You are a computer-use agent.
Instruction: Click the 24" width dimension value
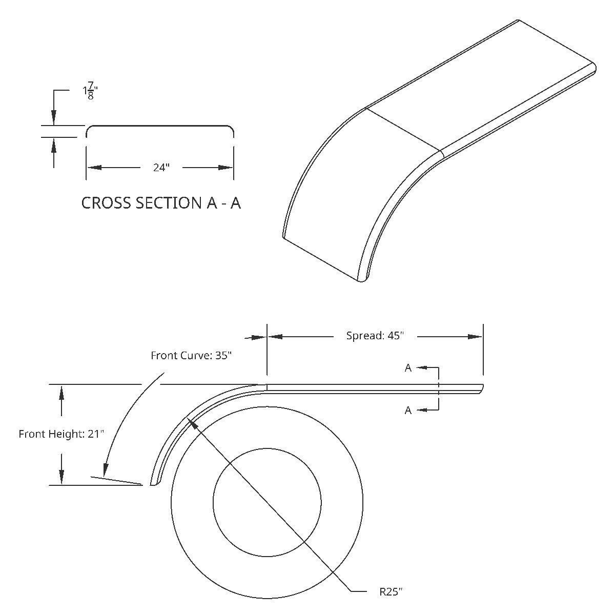(161, 168)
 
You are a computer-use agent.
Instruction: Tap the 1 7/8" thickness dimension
(90, 92)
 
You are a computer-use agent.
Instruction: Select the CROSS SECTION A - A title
(161, 203)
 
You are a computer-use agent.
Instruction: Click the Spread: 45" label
(375, 336)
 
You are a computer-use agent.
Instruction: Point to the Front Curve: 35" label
(191, 355)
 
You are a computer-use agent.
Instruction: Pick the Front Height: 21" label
(61, 434)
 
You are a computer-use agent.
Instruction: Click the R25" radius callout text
(391, 592)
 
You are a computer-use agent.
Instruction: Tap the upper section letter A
(408, 368)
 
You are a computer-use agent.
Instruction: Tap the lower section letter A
(408, 410)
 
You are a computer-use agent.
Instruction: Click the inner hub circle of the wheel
(267, 502)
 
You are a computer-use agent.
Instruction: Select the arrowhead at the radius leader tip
(192, 422)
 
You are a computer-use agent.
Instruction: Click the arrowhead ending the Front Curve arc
(106, 469)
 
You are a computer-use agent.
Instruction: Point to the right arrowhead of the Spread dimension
(476, 337)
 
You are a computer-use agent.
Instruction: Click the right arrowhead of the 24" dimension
(227, 168)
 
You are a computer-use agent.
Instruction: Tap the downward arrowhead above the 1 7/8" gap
(53, 118)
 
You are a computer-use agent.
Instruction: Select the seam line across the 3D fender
(404, 129)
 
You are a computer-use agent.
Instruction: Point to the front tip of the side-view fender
(153, 482)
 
